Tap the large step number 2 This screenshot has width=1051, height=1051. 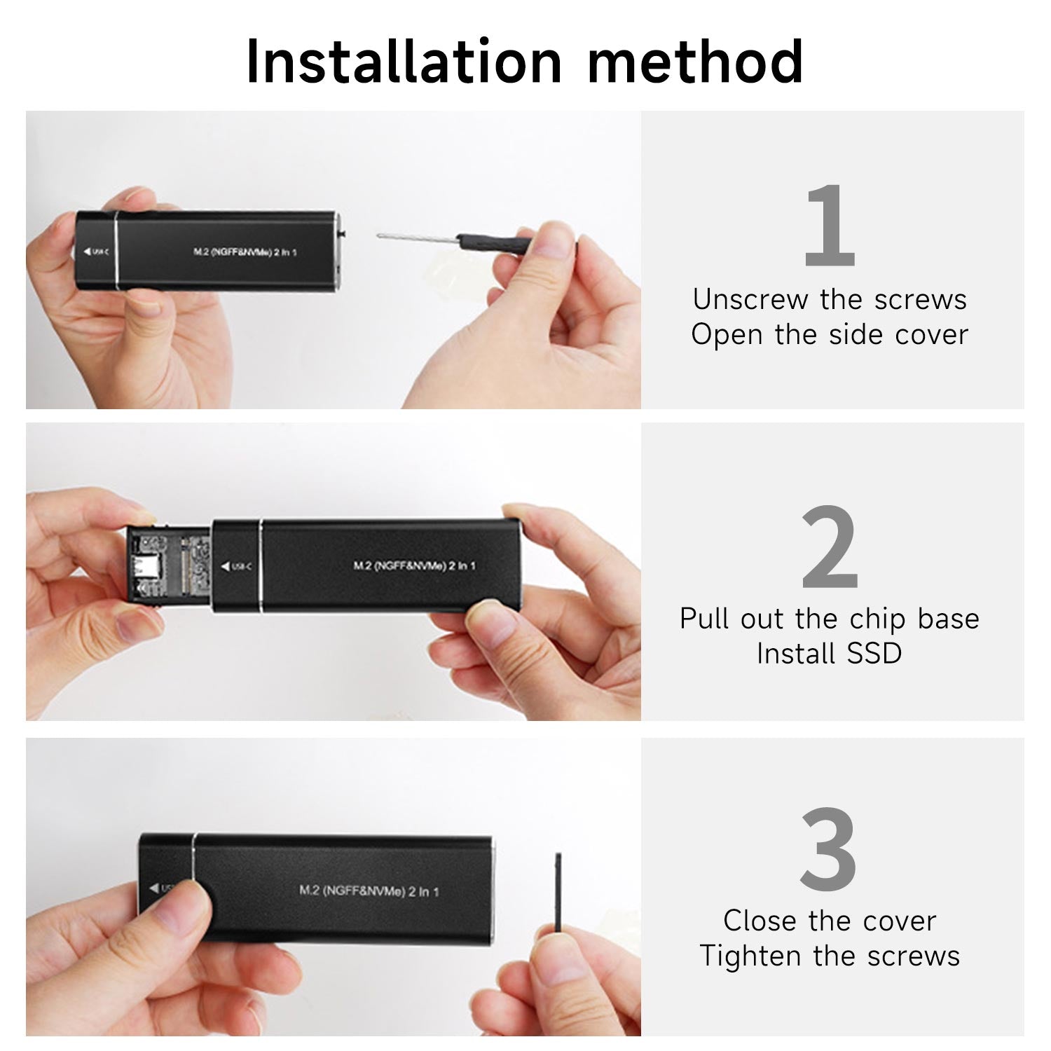pos(830,547)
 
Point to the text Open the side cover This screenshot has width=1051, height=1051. pos(830,335)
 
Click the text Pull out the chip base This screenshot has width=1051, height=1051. pos(830,619)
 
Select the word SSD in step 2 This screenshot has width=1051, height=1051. pos(874,654)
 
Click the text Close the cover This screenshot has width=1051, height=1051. pos(830,921)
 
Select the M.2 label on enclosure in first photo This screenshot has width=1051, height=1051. pos(245,252)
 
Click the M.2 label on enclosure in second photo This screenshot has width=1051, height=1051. pos(414,565)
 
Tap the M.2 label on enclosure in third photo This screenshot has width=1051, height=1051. pos(369,891)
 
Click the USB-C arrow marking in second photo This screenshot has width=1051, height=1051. pos(236,566)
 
